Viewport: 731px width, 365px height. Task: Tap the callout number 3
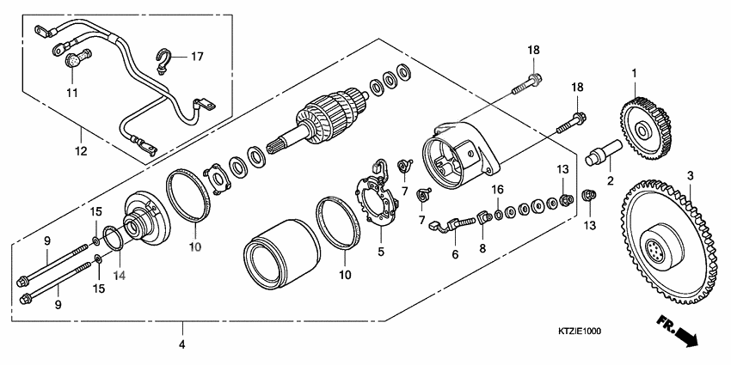tap(688, 175)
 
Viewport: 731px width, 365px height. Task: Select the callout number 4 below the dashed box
tap(181, 346)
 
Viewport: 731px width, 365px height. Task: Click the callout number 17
tap(197, 57)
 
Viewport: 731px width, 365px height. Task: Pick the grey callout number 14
tap(120, 277)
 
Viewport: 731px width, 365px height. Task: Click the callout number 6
tap(454, 254)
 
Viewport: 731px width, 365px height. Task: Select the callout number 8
tap(482, 248)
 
